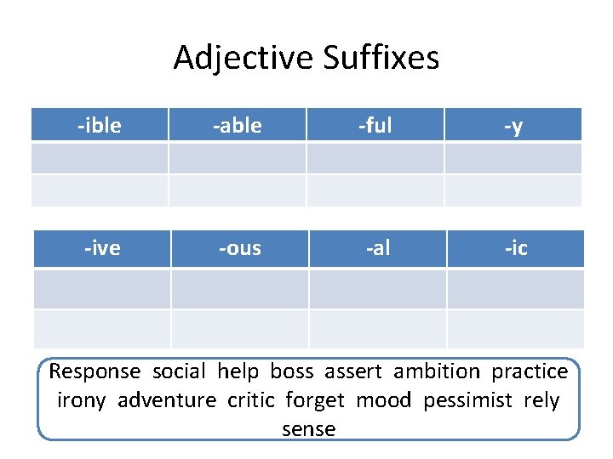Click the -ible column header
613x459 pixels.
click(100, 125)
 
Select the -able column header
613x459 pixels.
click(237, 125)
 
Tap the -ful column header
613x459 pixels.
click(375, 125)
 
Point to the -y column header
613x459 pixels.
click(513, 125)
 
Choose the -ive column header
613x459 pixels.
click(101, 247)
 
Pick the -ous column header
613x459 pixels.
click(239, 247)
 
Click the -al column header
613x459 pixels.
click(377, 247)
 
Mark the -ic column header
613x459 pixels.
click(515, 247)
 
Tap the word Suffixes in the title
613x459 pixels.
click(381, 58)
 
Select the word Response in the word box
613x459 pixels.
click(95, 371)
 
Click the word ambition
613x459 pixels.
click(437, 371)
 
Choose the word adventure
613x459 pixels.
click(167, 399)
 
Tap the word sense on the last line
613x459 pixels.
click(308, 428)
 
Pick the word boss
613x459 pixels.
click(292, 371)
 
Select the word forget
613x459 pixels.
click(315, 399)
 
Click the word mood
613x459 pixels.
click(384, 399)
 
